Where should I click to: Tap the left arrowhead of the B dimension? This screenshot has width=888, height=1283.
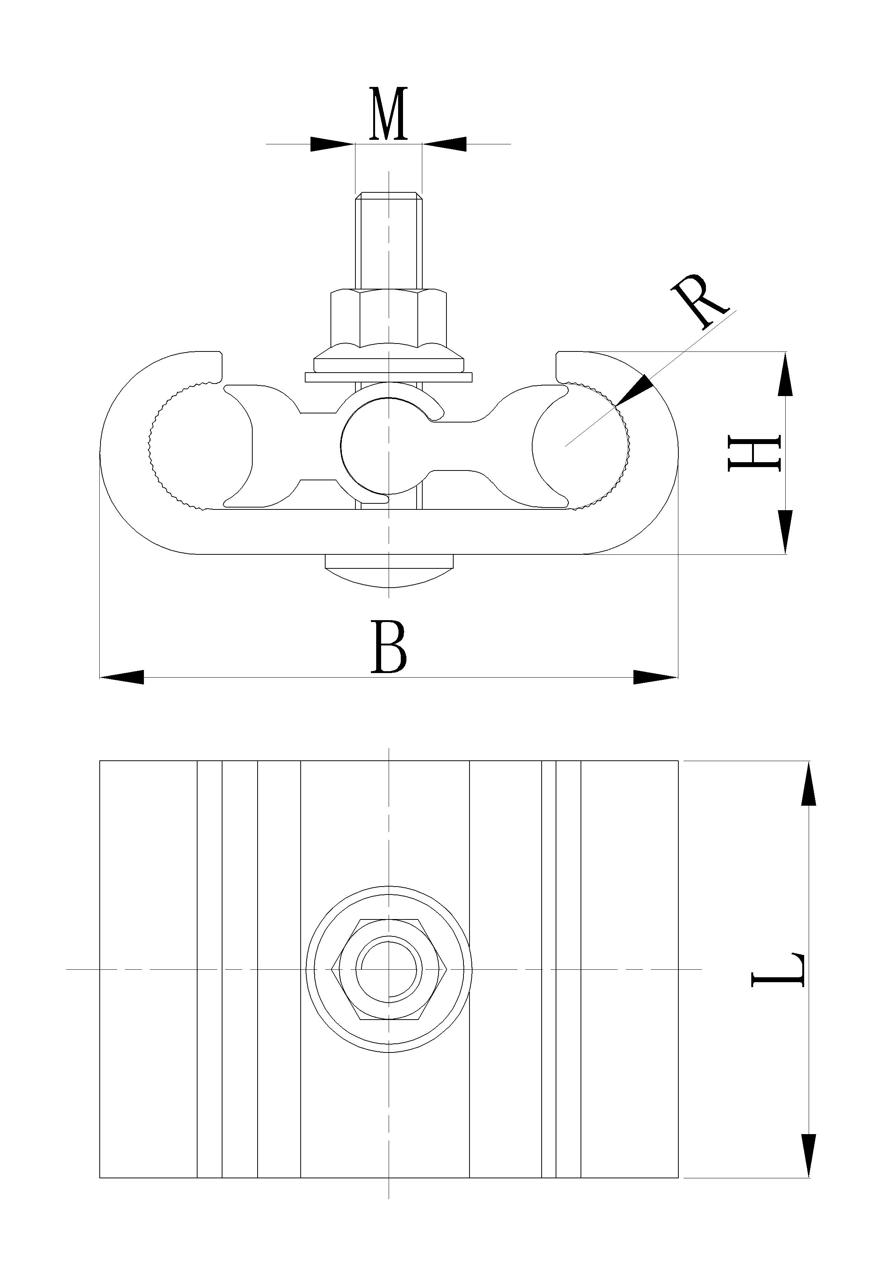122,678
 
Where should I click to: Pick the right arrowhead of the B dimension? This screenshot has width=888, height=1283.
655,678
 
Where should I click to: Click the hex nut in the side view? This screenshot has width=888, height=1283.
388,318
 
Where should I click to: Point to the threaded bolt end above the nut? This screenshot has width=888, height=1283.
388,239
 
